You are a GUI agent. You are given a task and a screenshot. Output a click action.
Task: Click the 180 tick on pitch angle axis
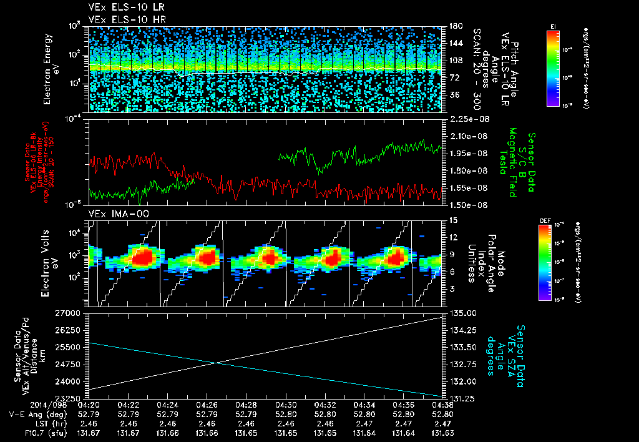pyautogui.click(x=454, y=26)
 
